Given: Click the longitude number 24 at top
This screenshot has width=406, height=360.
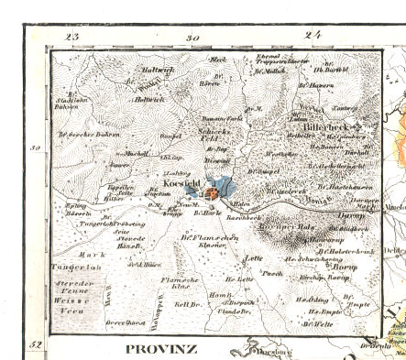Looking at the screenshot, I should point(314,37).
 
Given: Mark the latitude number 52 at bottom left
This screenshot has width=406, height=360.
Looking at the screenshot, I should point(35,344).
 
